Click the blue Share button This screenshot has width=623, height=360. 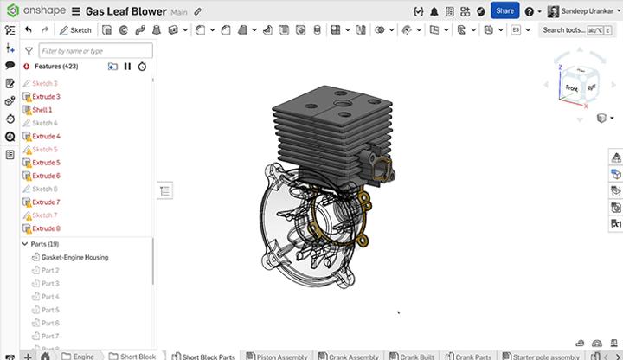click(504, 10)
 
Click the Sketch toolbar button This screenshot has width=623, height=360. click(76, 29)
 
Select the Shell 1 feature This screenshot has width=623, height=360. click(42, 110)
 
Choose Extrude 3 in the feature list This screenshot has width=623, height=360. click(46, 97)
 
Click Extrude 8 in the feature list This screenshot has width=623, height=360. click(46, 228)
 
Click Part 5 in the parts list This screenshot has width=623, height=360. click(50, 310)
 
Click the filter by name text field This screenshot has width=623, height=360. click(95, 51)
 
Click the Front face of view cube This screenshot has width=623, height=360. click(571, 88)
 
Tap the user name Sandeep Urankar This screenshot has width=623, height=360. click(591, 10)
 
